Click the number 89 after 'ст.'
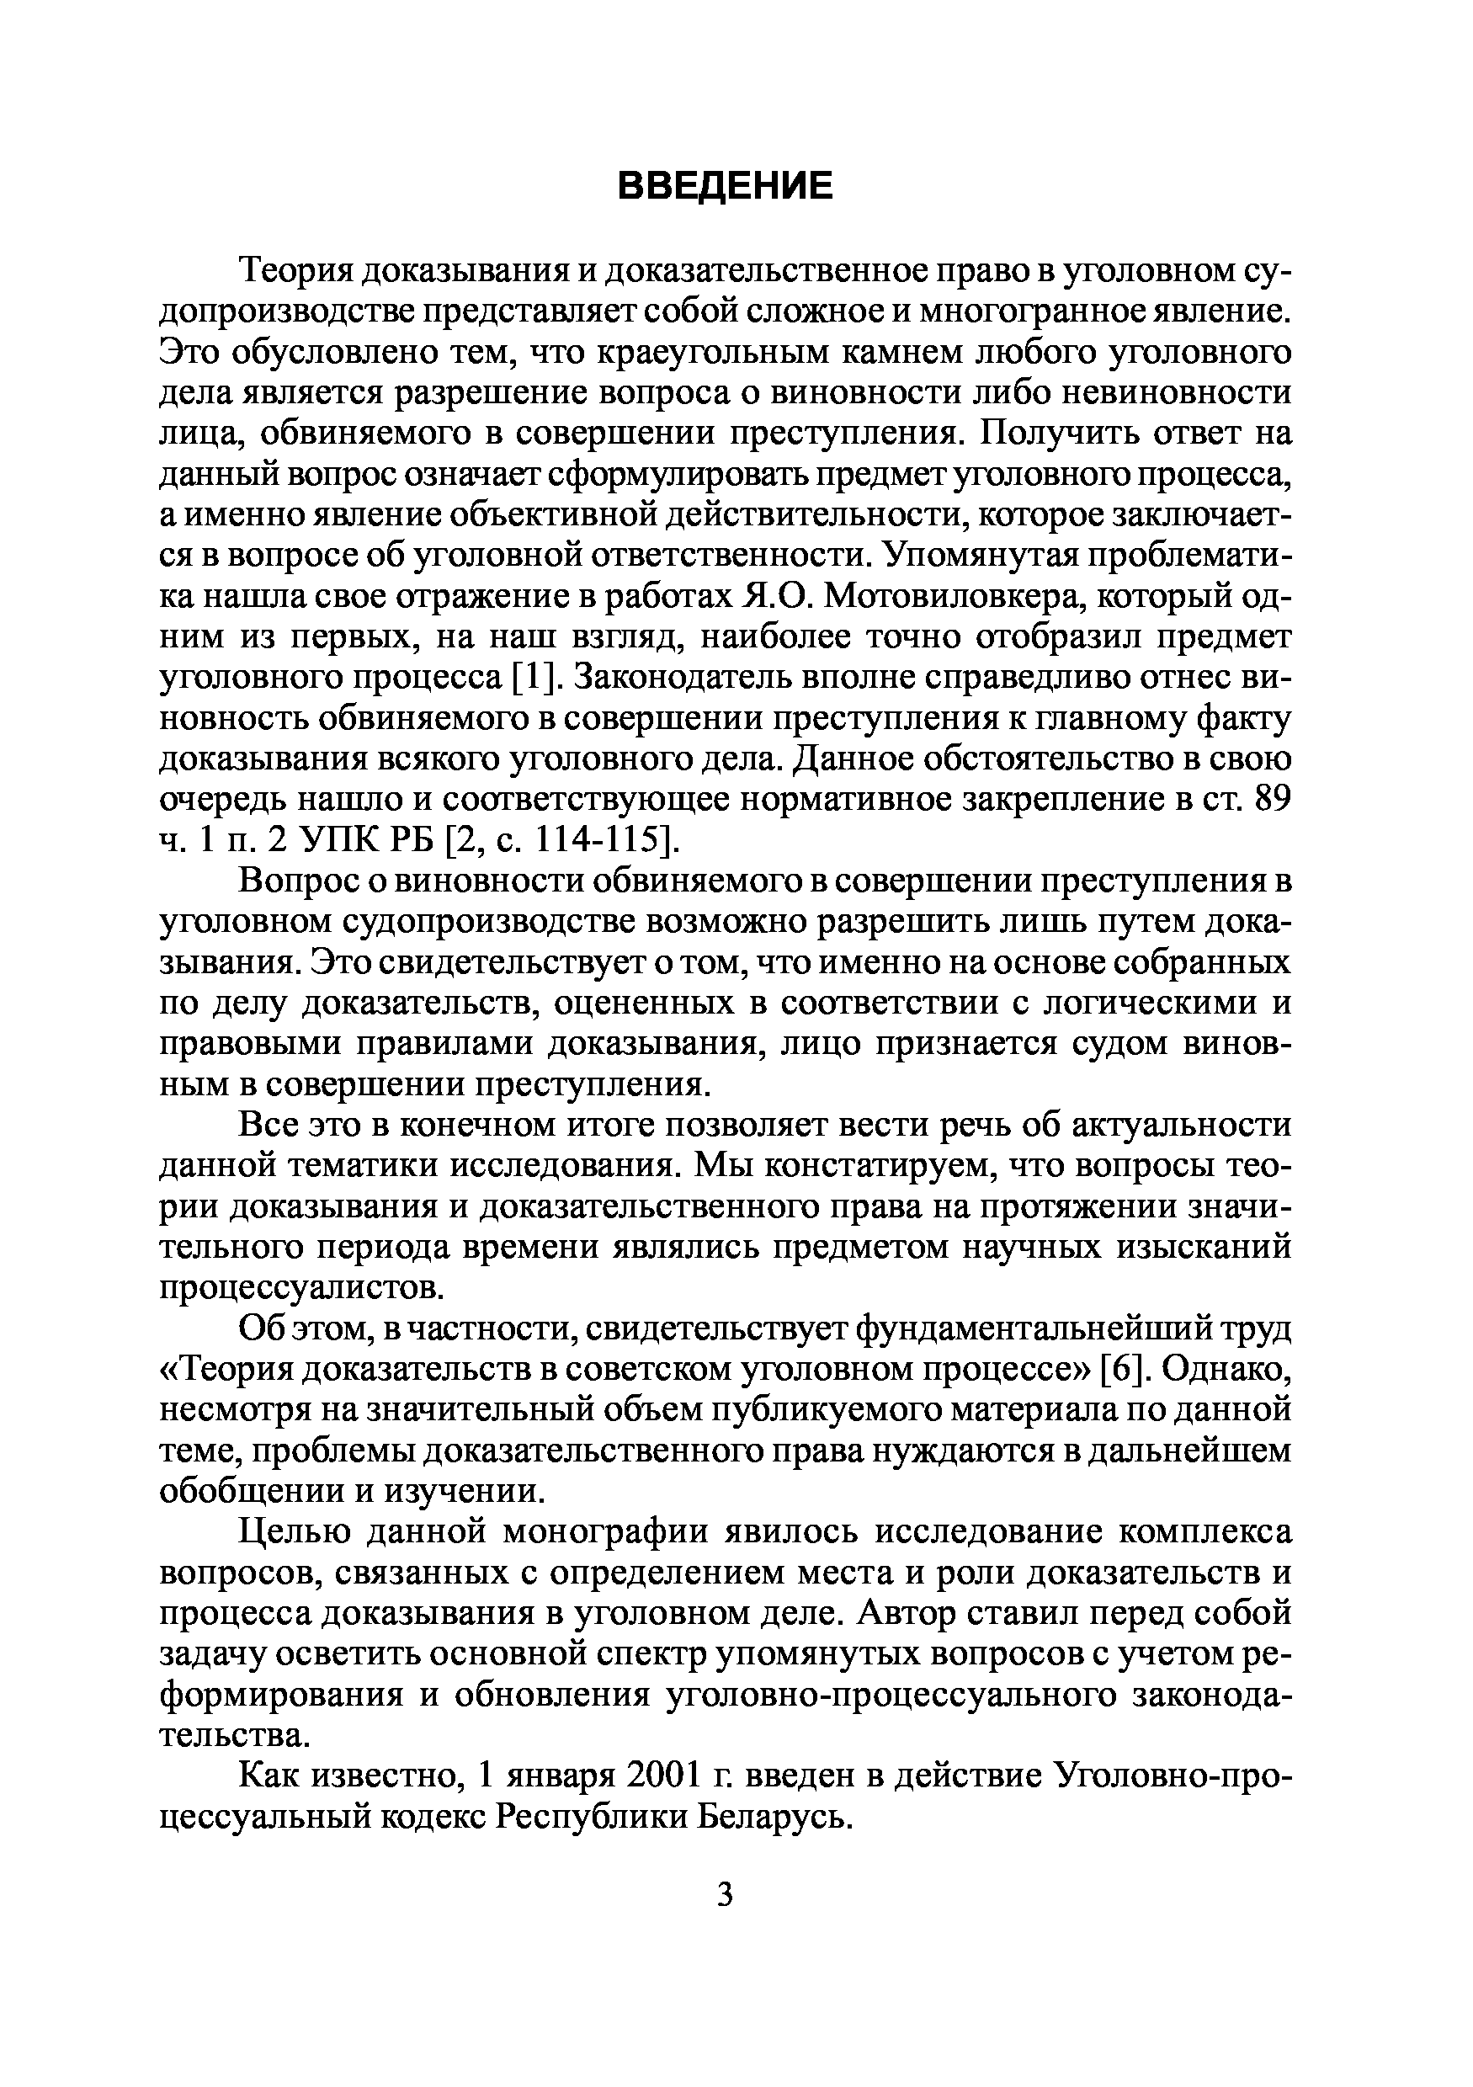(1271, 800)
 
